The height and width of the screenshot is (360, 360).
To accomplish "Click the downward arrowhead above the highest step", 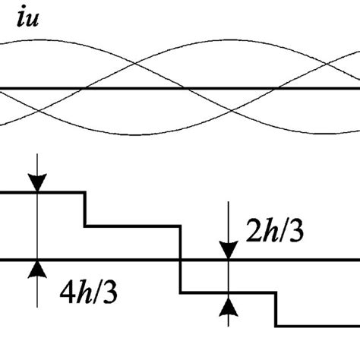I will tap(36, 183).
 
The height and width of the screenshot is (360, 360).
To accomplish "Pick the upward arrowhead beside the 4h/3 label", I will tap(36, 270).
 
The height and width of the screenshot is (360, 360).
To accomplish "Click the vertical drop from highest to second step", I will tap(84, 209).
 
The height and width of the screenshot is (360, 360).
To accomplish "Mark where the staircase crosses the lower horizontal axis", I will tap(180, 261).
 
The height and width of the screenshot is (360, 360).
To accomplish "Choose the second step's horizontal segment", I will tap(132, 226).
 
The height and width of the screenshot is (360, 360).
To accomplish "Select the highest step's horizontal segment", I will tap(42, 193).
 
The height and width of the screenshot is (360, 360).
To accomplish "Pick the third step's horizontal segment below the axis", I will tap(228, 292).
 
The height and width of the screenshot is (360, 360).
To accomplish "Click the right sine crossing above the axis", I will tap(327, 66).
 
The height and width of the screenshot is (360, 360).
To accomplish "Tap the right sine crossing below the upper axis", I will tap(232, 112).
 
